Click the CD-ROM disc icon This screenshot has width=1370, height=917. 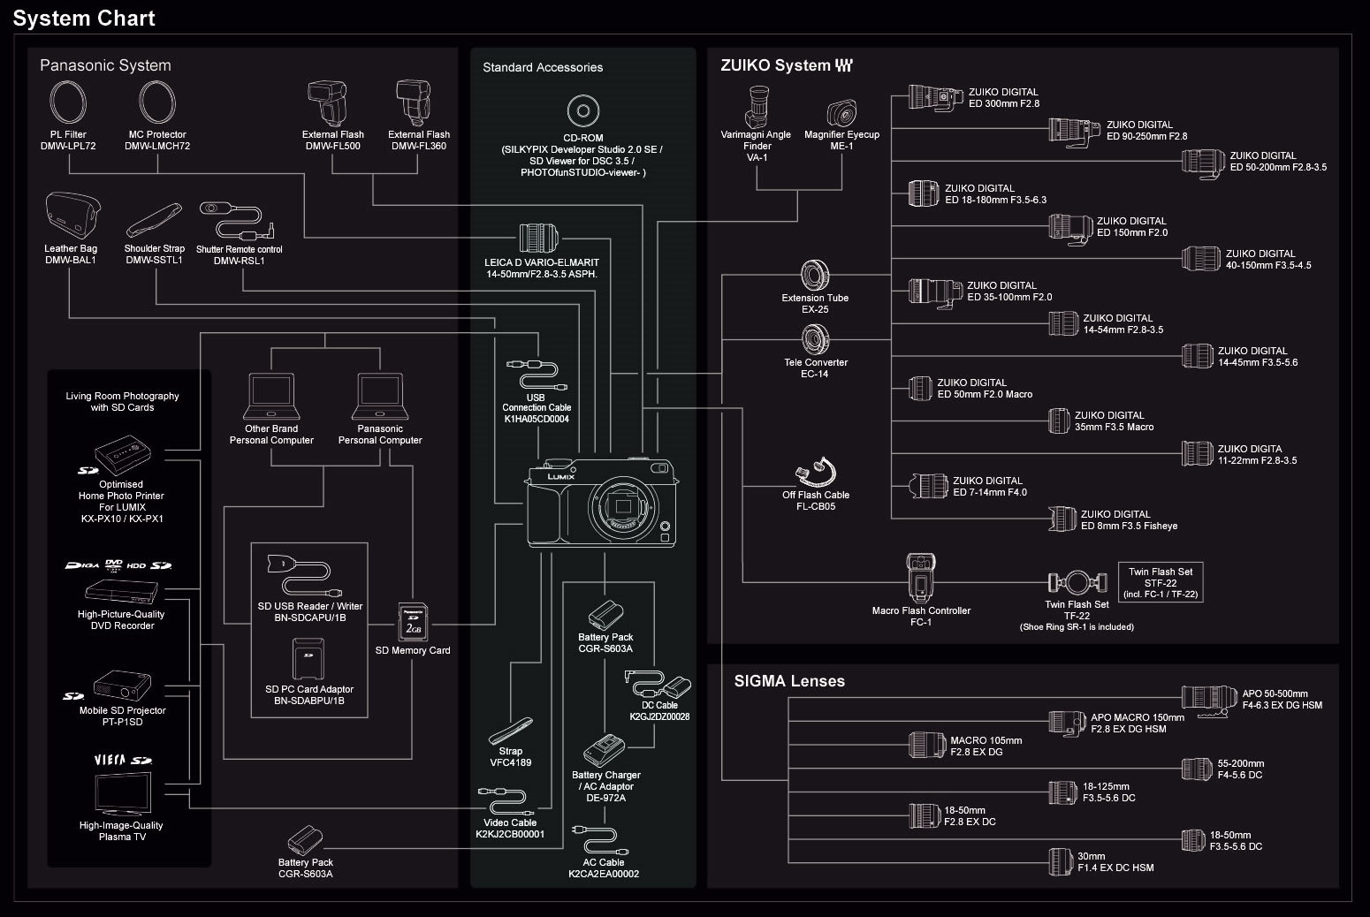pos(582,111)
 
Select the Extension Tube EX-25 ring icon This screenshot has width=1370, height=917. pos(814,274)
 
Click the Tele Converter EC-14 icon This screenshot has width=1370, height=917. pos(815,339)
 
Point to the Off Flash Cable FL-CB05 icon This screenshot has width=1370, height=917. pos(814,473)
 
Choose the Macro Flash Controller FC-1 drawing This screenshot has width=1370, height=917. pos(920,579)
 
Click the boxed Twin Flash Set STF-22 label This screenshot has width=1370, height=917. pos(1161,583)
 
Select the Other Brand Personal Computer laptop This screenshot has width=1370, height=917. pos(271,396)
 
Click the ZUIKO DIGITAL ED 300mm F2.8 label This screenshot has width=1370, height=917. pos(1003,97)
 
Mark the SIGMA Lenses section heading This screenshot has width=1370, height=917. pos(789,681)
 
